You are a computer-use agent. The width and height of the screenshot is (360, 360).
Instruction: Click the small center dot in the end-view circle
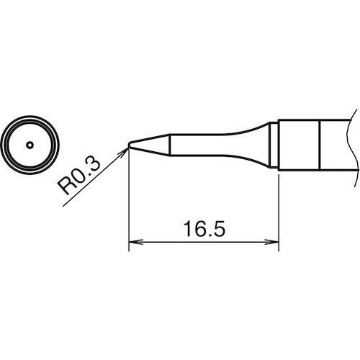click(29, 145)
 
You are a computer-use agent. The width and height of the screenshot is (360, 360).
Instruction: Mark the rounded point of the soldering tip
click(130, 145)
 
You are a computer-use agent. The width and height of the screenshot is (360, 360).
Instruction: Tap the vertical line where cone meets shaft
click(170, 145)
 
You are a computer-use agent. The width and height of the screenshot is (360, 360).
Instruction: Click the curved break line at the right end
click(353, 144)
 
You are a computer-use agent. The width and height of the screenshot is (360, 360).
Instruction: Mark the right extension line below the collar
click(279, 209)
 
